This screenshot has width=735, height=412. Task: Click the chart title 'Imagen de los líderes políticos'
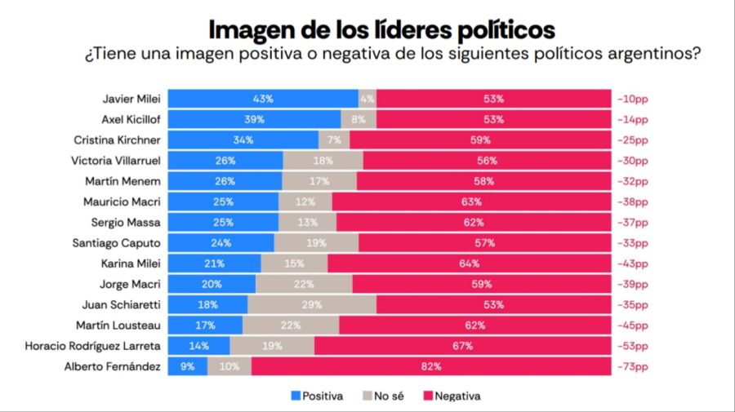pos(382,29)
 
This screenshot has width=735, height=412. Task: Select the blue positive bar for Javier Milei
pos(263,99)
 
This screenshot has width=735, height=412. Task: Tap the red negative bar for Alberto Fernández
pos(431,367)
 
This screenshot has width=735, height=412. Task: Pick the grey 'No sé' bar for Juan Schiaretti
pos(312,304)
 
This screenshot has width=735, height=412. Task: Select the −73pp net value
pos(633,367)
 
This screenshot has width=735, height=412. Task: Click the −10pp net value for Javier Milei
pos(633,99)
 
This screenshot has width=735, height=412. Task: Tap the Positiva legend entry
pos(317,396)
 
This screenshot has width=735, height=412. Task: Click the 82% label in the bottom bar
pos(431,367)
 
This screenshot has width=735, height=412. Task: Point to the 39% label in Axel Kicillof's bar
pos(254,119)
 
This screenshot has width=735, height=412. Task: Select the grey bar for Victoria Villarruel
pos(323,160)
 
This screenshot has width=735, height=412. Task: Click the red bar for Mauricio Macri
pos(471,202)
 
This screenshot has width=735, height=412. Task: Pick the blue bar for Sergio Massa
pos(223,222)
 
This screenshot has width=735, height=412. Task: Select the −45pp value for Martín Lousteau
pos(633,326)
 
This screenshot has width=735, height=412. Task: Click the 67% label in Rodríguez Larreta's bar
pos(463,346)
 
